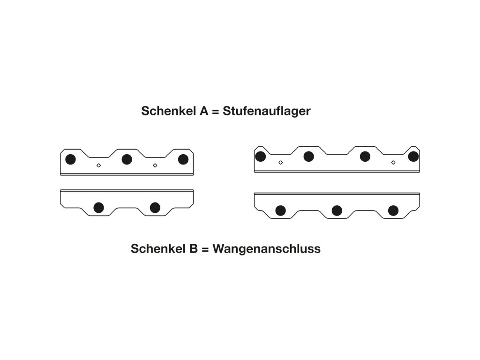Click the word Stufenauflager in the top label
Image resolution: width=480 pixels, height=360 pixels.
tap(267, 112)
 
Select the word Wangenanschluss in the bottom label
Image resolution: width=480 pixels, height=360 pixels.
tap(266, 249)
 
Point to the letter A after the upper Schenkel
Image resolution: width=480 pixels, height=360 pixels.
tap(196, 112)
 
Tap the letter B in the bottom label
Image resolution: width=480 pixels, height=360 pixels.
tap(193, 249)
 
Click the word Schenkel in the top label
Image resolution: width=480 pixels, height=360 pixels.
tap(164, 112)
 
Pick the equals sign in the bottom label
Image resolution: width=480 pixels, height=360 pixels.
tap(204, 249)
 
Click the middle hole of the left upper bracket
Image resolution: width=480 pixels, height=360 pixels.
tap(127, 159)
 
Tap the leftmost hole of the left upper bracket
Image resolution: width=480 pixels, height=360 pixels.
tap(70, 159)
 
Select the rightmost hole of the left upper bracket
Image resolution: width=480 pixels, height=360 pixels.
tap(183, 159)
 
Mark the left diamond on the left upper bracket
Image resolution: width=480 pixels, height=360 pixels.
tap(98, 165)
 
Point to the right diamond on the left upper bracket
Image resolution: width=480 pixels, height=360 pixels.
tap(155, 165)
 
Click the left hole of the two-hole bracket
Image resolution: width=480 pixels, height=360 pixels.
tap(98, 208)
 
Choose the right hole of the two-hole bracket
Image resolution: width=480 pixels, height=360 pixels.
tap(155, 208)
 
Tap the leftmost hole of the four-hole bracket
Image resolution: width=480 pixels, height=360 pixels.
tap(260, 157)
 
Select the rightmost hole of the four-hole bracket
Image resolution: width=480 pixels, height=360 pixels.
tap(413, 157)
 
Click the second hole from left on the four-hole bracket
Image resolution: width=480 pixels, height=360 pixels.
tap(308, 157)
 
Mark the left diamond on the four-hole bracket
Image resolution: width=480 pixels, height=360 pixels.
tap(280, 163)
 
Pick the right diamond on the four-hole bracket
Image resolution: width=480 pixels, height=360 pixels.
tap(393, 163)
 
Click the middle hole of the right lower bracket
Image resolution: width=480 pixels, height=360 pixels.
tap(337, 210)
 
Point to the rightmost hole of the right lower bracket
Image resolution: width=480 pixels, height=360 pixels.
tap(393, 210)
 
